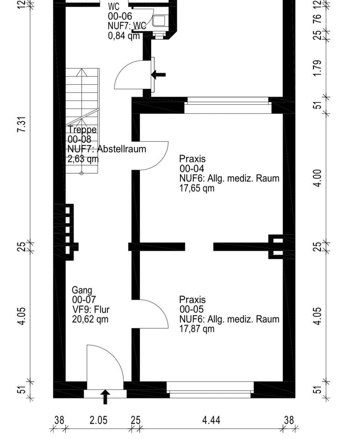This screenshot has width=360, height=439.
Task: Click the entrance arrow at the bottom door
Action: [105, 397]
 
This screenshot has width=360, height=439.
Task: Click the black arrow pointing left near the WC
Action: [159, 75]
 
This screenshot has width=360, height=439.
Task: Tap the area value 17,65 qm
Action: [197, 188]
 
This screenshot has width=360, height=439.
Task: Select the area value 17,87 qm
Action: [197, 329]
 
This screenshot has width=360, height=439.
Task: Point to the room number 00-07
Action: [84, 300]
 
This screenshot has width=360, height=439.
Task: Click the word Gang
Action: [82, 290]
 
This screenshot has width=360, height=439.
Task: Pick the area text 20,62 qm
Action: [90, 319]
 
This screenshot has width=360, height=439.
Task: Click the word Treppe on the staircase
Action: [83, 129]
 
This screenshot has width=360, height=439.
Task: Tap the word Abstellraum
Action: [122, 149]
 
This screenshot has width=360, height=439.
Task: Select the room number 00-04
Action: [191, 169]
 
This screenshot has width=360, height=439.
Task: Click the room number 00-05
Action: [191, 310]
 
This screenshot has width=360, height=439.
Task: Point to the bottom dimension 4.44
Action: [211, 420]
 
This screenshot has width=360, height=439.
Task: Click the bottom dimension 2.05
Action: [99, 420]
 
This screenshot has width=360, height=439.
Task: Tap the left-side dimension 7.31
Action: [21, 124]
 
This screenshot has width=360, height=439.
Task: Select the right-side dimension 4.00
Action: [318, 178]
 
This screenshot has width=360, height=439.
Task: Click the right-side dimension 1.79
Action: [318, 68]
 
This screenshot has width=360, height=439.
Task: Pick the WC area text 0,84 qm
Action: [124, 36]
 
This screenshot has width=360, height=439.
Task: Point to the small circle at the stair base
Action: [81, 173]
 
